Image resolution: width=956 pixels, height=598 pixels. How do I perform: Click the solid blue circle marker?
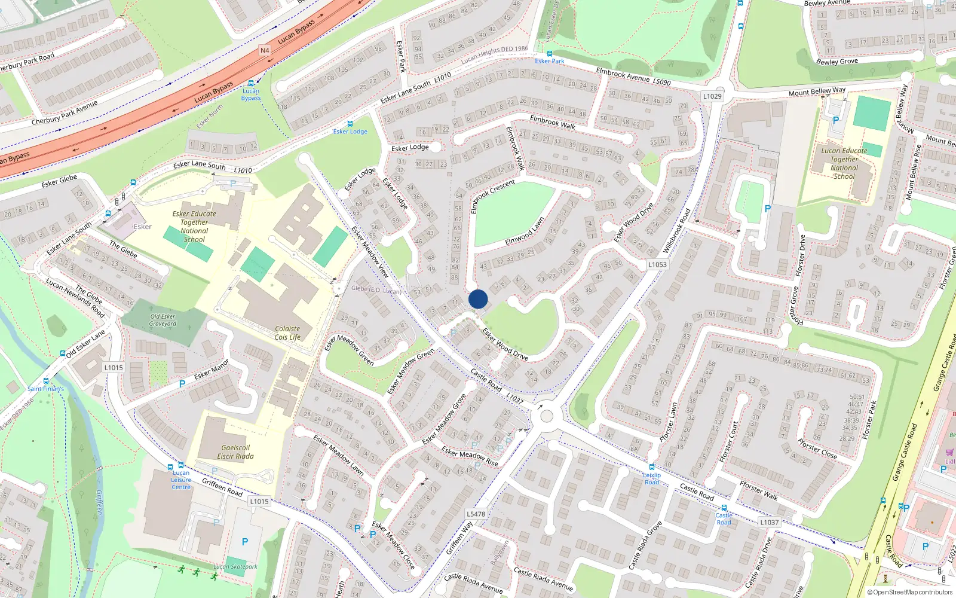pos(478,299)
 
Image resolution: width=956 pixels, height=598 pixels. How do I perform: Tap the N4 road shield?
pos(265,50)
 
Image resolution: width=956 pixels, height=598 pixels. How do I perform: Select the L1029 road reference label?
pos(712,96)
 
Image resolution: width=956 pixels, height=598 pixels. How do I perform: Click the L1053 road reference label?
pos(657,264)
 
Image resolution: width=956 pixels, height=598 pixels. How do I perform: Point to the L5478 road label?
pos(476,514)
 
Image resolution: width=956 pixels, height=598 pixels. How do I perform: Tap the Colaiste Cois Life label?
pos(287,333)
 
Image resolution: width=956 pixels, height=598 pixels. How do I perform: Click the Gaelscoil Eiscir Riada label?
pos(235,452)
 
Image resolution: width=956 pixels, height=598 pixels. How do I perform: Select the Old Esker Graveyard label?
pos(163,320)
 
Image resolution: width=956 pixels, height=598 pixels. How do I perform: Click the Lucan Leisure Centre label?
pos(181,480)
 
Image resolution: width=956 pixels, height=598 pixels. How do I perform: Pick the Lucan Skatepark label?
pos(235,566)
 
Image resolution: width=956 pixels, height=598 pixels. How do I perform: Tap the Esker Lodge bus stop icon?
pos(350,124)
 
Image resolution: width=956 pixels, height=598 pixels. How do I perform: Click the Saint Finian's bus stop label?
pos(45,389)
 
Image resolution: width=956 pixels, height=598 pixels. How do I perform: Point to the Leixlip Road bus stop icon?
pos(652,467)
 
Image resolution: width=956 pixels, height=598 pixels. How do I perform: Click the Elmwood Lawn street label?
pos(525,231)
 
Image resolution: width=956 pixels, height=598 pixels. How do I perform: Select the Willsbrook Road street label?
pos(676,230)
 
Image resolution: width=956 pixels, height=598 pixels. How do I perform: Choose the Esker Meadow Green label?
pos(350,350)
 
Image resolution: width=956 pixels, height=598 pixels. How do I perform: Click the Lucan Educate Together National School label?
pos(844,163)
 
